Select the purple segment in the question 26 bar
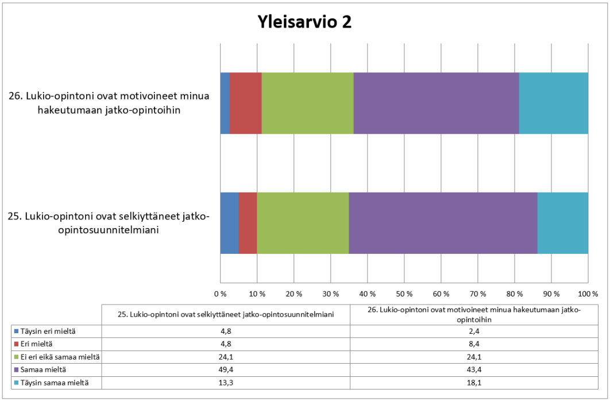click(x=436, y=103)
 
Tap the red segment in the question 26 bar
click(x=245, y=103)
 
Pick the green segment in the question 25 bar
click(x=303, y=223)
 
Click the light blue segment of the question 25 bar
click(x=562, y=223)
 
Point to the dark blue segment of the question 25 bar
click(x=229, y=223)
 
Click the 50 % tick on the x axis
click(x=404, y=294)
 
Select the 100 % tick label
click(x=588, y=294)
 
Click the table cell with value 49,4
click(x=226, y=370)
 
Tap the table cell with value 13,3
click(x=226, y=383)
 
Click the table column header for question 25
click(x=226, y=314)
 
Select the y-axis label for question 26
click(x=109, y=103)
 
